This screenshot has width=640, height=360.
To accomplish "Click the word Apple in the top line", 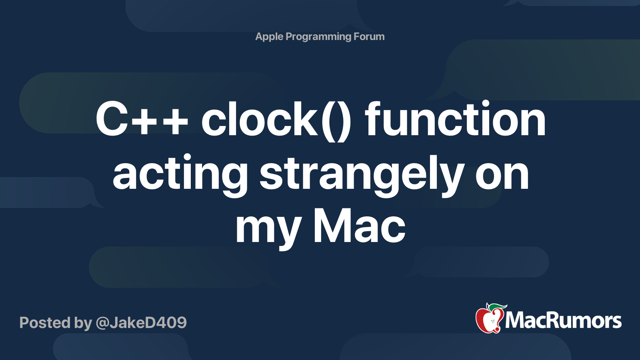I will point(269,36).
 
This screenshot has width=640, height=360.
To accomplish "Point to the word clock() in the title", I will point(276,119).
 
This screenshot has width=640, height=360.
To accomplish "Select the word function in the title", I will point(455,119).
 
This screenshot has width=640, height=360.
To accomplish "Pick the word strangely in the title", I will point(362,174).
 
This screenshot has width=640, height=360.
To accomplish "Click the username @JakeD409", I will point(141,322).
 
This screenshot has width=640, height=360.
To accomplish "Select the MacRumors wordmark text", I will point(563,320).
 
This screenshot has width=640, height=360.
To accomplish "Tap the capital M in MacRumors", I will point(514,320).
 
